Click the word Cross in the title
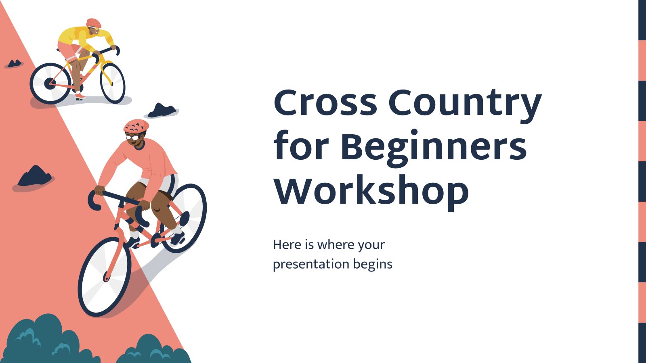point(325,102)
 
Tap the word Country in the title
point(465,105)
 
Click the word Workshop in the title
point(371,191)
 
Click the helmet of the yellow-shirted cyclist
point(94,23)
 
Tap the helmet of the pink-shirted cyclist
point(136,126)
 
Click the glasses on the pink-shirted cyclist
point(132,137)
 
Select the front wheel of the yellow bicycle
point(113,83)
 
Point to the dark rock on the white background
point(162,111)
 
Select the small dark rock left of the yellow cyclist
point(14,63)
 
